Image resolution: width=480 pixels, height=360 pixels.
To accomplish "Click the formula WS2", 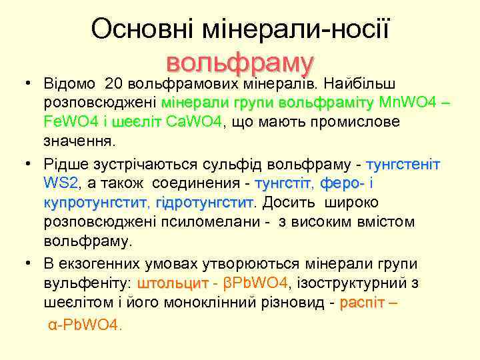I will pos(61,183).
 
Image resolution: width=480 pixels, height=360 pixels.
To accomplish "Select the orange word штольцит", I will pos(173,283).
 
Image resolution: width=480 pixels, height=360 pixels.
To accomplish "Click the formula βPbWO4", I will pos(255,283).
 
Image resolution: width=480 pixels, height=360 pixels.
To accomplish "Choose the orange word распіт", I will pos(362,303).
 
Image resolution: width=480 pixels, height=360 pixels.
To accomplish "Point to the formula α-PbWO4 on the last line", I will pos(85,325).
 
